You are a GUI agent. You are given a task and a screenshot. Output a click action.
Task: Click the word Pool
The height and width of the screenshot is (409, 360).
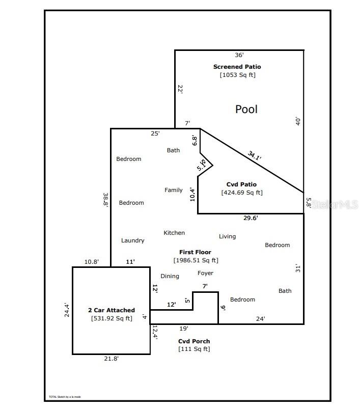[x=246, y=109]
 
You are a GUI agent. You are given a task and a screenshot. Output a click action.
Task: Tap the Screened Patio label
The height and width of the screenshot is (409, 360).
[x=237, y=67]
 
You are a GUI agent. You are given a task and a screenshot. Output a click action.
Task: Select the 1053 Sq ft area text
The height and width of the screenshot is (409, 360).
[x=237, y=75]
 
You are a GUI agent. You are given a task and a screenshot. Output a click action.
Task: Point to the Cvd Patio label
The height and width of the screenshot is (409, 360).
[x=241, y=184]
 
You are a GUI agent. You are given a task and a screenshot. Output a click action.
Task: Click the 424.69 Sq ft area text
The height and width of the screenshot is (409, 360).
[x=242, y=193]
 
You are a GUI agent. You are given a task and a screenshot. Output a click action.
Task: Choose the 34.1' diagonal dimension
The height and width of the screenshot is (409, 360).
[x=255, y=155]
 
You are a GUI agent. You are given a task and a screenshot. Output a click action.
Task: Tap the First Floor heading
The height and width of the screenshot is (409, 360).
[x=195, y=252]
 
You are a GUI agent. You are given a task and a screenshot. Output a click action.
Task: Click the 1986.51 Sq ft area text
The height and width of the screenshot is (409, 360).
[x=196, y=260]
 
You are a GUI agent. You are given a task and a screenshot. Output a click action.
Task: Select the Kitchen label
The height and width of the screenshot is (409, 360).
[x=174, y=233]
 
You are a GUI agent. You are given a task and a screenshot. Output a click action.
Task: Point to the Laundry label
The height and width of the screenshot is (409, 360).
[x=133, y=240]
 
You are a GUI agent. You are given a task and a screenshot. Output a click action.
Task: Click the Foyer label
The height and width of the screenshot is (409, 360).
[x=205, y=273]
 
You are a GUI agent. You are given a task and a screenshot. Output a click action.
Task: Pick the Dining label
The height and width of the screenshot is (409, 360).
[x=170, y=276]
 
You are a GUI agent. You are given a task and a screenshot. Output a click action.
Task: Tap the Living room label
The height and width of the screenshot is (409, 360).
[x=228, y=236]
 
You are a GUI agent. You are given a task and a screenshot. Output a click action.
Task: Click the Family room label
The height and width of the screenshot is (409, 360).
[x=174, y=190]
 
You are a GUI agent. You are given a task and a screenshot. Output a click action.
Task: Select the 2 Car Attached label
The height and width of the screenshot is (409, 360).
[x=112, y=310]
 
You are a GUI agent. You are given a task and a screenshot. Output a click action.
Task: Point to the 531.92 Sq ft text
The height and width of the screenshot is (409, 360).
[x=112, y=318]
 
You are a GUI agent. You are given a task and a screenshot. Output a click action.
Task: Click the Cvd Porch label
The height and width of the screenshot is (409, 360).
[x=194, y=341]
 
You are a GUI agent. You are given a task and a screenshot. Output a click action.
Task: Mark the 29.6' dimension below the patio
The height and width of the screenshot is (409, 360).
[x=250, y=218]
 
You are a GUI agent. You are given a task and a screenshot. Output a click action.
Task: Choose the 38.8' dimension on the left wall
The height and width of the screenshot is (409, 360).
[x=105, y=199]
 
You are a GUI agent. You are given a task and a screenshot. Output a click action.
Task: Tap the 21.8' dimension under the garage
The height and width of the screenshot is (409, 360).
[x=112, y=359]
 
